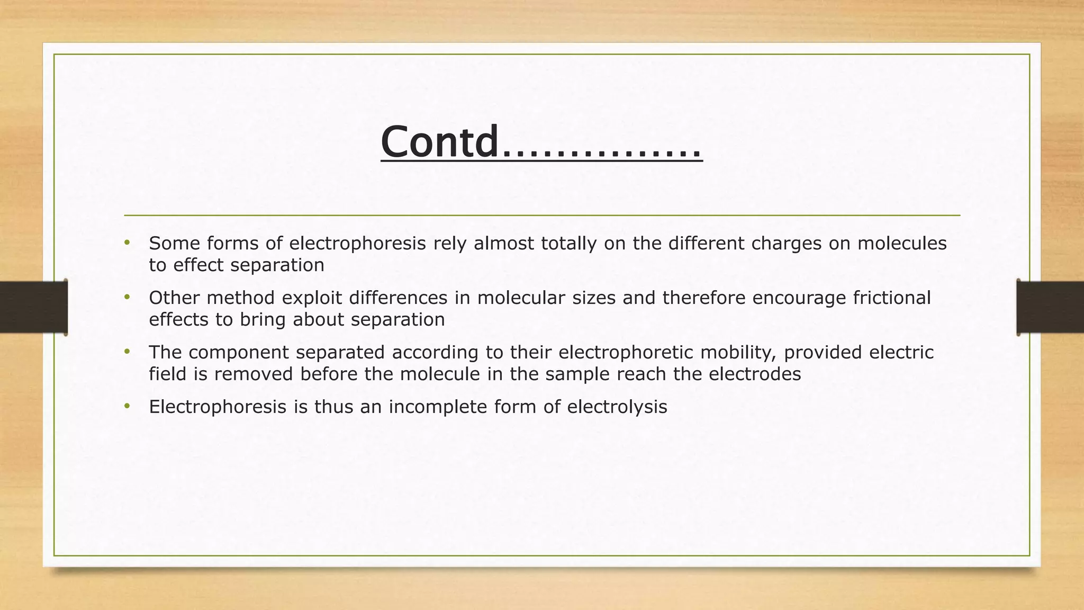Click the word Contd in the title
pyautogui.click(x=439, y=142)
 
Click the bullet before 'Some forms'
pyautogui.click(x=127, y=243)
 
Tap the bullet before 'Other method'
pyautogui.click(x=127, y=297)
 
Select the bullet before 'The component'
pyautogui.click(x=127, y=352)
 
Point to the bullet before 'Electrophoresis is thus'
pyautogui.click(x=127, y=406)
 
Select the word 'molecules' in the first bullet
pyautogui.click(x=901, y=243)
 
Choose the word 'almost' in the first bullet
pyautogui.click(x=504, y=243)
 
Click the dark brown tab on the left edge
pyautogui.click(x=33, y=307)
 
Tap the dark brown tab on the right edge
pyautogui.click(x=1050, y=307)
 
